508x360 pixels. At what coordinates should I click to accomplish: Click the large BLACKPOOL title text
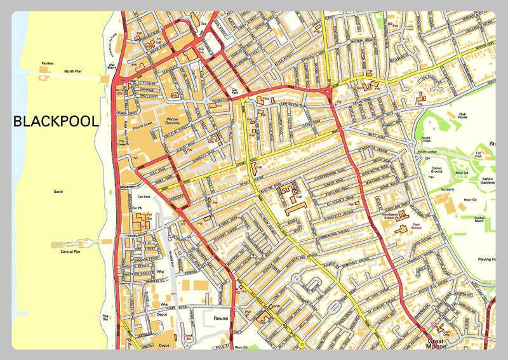coord(56,121)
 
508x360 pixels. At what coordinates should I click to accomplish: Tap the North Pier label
coord(73,71)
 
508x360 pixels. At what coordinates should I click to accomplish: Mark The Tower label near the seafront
coord(121,143)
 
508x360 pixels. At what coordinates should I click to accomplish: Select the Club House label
coord(468,117)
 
